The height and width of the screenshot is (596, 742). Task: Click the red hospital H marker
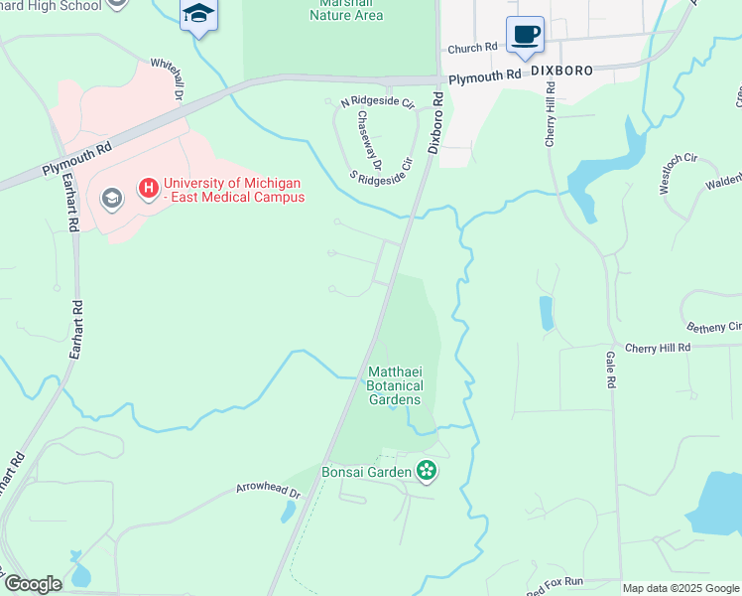point(149,187)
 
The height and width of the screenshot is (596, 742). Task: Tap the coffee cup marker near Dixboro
point(525,36)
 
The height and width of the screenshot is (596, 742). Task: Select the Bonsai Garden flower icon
point(427,471)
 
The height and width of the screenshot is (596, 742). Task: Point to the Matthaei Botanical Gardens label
point(395,385)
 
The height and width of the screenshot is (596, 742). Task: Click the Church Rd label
point(472,48)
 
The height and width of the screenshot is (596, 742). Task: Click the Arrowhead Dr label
point(267,489)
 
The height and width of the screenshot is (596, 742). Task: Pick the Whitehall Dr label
point(168,75)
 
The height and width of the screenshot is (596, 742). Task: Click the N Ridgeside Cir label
point(376,102)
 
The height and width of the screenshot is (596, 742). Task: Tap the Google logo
point(33,584)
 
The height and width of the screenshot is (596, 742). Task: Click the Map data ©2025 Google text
point(681,588)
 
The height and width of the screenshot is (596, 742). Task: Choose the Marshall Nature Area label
point(346,10)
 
